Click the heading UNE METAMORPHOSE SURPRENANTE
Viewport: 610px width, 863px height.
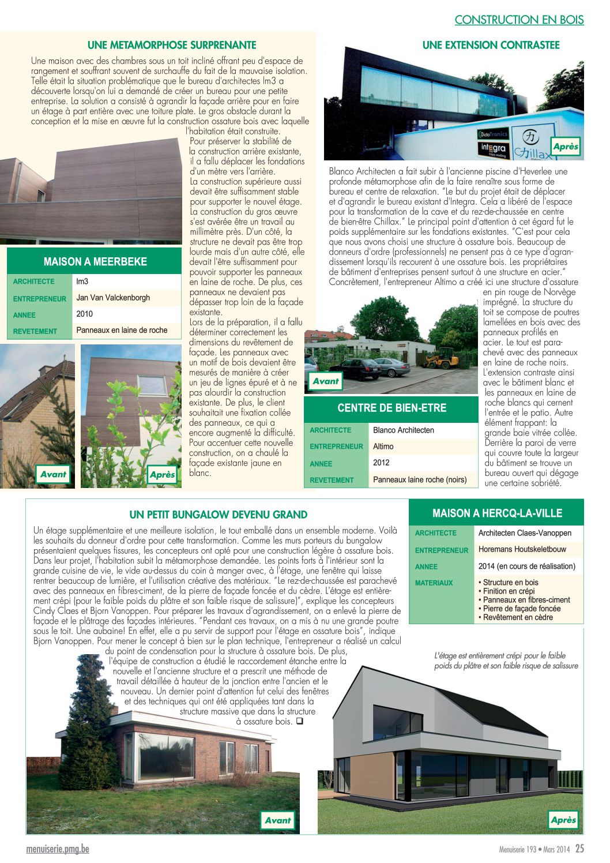click(172, 45)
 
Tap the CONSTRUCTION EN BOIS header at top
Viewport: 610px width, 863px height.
click(519, 20)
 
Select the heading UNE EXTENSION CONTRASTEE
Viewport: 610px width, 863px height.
click(491, 45)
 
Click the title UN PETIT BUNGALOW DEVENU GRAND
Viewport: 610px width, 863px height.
click(219, 515)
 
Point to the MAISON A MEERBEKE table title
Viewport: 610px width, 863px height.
click(95, 261)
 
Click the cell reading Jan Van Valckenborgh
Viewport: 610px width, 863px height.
click(113, 298)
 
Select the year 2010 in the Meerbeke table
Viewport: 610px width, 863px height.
click(84, 314)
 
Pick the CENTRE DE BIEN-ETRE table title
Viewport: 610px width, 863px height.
click(391, 408)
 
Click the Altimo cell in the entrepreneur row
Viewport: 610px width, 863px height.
click(383, 446)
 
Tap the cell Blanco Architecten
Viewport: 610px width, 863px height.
click(403, 430)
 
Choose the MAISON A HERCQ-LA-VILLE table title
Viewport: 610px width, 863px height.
click(497, 513)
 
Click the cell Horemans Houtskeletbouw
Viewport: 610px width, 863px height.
click(522, 549)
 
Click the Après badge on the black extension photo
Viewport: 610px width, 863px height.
click(565, 147)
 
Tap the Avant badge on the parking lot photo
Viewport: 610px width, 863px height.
click(326, 381)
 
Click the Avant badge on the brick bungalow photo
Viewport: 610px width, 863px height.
click(278, 820)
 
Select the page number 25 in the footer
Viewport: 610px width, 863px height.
click(579, 849)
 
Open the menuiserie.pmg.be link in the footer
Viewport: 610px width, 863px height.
click(58, 849)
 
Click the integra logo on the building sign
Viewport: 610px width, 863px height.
click(493, 149)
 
